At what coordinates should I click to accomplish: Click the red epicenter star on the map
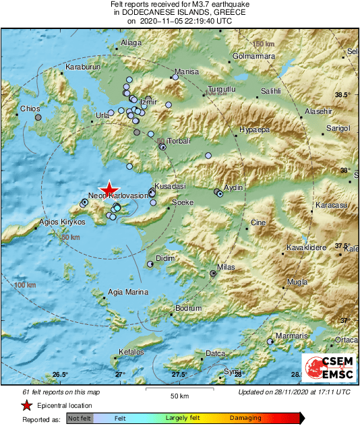pyautogui.click(x=109, y=190)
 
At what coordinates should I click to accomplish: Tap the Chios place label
pyautogui.click(x=30, y=108)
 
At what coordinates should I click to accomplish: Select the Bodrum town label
pyautogui.click(x=188, y=308)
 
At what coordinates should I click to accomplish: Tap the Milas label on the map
pyautogui.click(x=225, y=267)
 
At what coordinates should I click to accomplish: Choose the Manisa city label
pyautogui.click(x=186, y=71)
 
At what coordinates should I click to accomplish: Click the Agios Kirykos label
pyautogui.click(x=62, y=221)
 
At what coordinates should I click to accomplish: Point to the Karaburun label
pyautogui.click(x=82, y=67)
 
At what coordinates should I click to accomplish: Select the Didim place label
pyautogui.click(x=164, y=258)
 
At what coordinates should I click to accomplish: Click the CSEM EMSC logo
pyautogui.click(x=324, y=368)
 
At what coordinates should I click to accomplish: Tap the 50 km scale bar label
pyautogui.click(x=178, y=394)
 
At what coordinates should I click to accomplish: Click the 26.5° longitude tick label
pyautogui.click(x=60, y=375)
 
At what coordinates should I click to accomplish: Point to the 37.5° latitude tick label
pyautogui.click(x=344, y=245)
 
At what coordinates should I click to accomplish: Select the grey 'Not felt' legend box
pyautogui.click(x=79, y=419)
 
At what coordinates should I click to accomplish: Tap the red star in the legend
pyautogui.click(x=26, y=406)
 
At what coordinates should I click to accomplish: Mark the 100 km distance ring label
pyautogui.click(x=25, y=286)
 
